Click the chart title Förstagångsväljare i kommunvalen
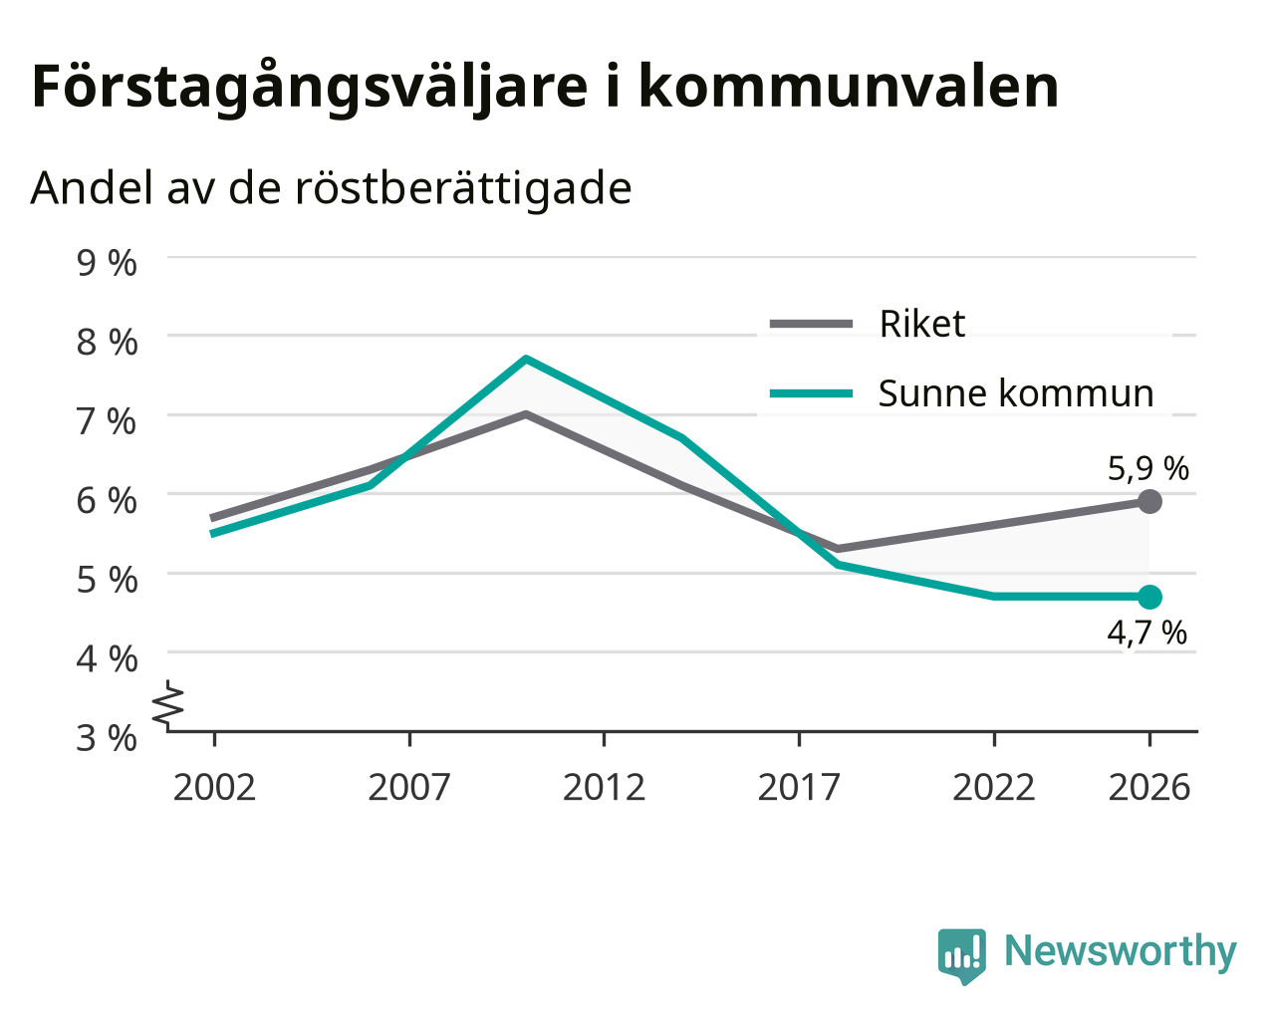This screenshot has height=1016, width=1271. [x=545, y=89]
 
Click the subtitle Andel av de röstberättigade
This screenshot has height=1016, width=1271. [x=331, y=189]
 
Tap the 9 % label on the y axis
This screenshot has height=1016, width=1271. [x=107, y=263]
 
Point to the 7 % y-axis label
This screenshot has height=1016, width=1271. [x=107, y=421]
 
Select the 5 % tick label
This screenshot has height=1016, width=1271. [x=107, y=580]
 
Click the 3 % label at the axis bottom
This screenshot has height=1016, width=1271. [x=107, y=738]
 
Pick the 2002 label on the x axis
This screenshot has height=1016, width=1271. [x=214, y=787]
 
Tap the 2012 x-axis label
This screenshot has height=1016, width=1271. [x=604, y=787]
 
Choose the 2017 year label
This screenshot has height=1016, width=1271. [x=799, y=787]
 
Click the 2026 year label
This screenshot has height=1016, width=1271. [x=1148, y=787]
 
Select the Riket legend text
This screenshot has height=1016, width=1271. [x=922, y=324]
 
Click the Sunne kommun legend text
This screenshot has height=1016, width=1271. [x=1016, y=393]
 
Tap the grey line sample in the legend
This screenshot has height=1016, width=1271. [x=812, y=324]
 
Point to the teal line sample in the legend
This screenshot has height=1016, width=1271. [x=812, y=393]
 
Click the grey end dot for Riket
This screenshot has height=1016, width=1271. [x=1149, y=501]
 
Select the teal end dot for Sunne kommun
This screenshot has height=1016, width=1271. [x=1149, y=597]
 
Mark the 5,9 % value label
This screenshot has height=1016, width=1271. [x=1148, y=469]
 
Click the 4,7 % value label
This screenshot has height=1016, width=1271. [x=1146, y=634]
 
